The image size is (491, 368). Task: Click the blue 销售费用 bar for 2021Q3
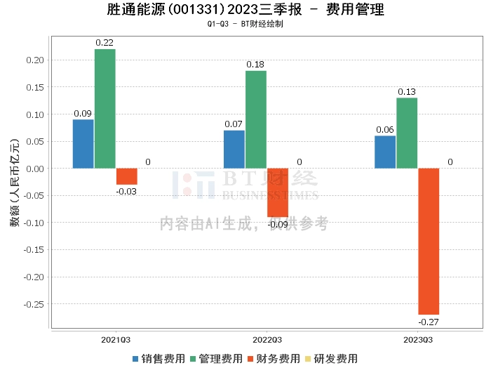(83, 144)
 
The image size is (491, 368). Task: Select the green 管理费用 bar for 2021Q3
(105, 109)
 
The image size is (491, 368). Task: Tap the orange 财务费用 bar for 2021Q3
(127, 176)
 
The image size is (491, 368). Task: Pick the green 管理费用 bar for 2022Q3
(256, 120)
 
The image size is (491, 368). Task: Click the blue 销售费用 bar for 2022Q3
(234, 149)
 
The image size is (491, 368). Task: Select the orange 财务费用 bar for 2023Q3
(429, 242)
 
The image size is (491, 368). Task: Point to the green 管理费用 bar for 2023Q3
(407, 133)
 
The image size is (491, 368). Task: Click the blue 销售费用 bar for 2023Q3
(385, 152)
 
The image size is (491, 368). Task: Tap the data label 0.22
(105, 43)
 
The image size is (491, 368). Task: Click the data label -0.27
(429, 322)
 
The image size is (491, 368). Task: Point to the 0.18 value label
(255, 65)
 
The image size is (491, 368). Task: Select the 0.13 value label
(407, 92)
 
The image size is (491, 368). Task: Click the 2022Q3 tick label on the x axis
(267, 340)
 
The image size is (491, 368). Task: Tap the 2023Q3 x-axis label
(418, 340)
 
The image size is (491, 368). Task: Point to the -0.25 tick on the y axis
(34, 304)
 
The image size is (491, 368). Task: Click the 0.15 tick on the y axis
(35, 87)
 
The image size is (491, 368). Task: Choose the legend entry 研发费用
(331, 359)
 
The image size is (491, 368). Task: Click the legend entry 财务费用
(274, 359)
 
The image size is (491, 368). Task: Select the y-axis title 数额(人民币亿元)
(15, 183)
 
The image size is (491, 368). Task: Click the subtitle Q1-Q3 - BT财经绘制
(245, 24)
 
